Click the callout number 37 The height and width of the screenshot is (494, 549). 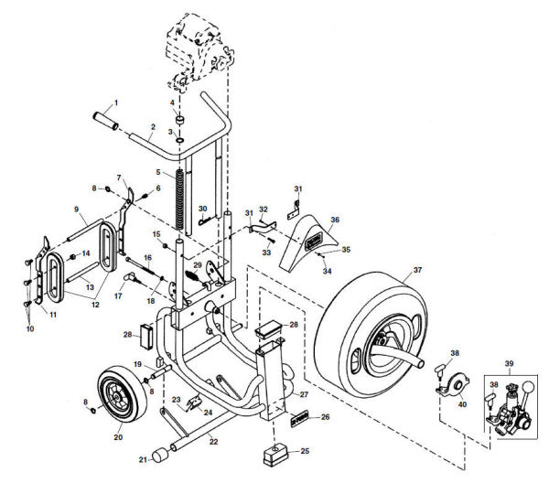[417, 270]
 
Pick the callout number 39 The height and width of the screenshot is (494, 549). [510, 363]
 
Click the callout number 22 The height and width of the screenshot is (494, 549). [213, 441]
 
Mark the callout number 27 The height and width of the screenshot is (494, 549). [306, 394]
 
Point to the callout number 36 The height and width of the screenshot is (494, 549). [334, 220]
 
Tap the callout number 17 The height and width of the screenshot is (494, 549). [118, 295]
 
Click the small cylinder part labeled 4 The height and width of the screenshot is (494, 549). [179, 121]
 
